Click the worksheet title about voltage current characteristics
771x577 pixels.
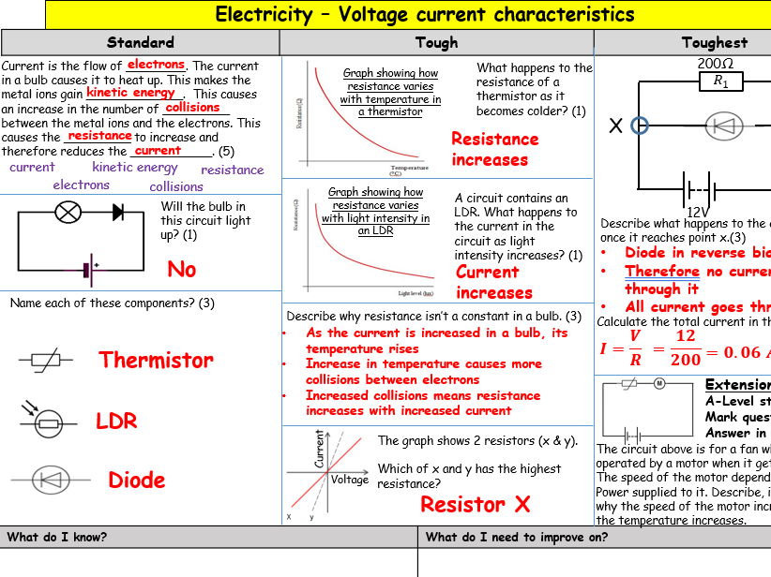(425, 15)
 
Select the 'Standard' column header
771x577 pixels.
(140, 42)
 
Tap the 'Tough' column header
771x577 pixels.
(436, 42)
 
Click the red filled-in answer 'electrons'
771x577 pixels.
(156, 65)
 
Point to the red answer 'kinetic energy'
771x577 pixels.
(131, 93)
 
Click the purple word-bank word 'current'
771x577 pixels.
(32, 168)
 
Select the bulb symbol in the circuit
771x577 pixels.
(68, 212)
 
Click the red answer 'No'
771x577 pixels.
(181, 270)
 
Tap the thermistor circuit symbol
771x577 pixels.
(47, 361)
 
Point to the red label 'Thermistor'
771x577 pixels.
(156, 360)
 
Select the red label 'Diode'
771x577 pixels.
(136, 481)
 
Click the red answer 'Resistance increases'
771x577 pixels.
(494, 149)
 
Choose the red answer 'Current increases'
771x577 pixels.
(493, 282)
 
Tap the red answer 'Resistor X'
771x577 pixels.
(475, 505)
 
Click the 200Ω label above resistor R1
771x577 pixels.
(715, 64)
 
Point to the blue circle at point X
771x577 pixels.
(640, 126)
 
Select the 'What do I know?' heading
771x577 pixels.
(57, 537)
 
